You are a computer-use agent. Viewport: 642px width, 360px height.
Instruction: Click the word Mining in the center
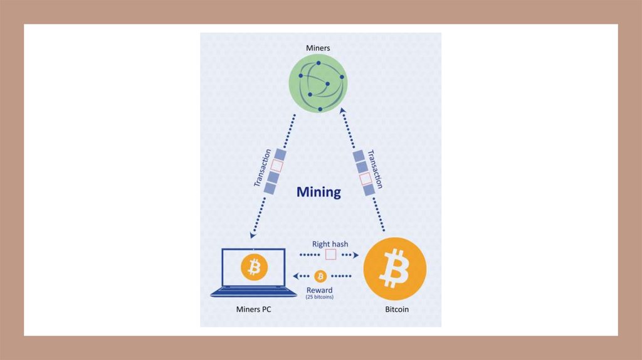coord(318,192)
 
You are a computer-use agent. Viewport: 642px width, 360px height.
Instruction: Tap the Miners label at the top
coord(318,48)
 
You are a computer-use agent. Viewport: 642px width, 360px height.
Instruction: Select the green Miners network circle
coord(318,85)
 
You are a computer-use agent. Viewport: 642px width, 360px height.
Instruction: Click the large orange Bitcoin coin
coord(395,268)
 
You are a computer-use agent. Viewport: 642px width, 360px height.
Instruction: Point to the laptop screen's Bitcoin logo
coord(254,268)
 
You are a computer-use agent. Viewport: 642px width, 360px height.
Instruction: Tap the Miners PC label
coord(253,310)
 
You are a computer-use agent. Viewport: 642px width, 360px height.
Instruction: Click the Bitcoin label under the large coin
coord(396,310)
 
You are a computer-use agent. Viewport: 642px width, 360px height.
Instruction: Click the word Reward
coord(319,290)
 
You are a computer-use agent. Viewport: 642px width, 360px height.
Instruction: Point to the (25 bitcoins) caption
coord(319,297)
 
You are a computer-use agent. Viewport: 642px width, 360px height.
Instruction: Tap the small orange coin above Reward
coord(320,276)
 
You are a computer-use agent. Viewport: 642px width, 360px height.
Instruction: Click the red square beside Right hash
coord(330,255)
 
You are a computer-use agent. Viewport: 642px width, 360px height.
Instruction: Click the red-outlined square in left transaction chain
coord(276,167)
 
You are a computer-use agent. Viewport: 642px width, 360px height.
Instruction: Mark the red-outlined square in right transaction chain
coord(365,179)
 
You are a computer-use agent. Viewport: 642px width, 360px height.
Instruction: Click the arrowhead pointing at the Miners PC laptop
coord(253,235)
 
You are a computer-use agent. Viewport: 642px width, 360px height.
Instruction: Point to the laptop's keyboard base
coord(253,292)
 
